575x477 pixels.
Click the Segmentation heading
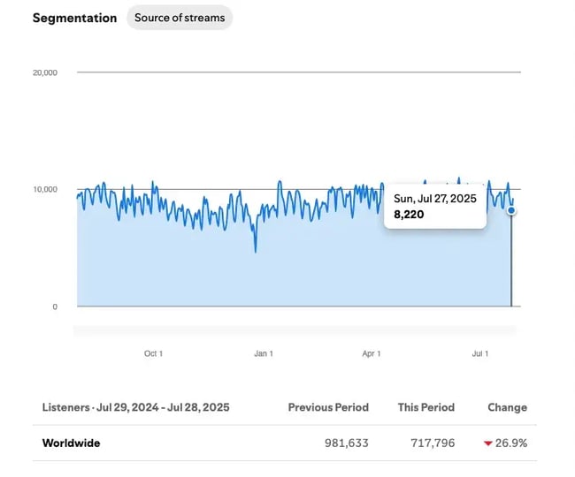74,18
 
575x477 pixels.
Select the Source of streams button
180,18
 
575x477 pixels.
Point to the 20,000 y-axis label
45,72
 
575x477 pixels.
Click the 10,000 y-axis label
45,189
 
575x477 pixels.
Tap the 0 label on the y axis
54,307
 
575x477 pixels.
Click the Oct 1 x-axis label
153,353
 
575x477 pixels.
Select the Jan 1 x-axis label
263,353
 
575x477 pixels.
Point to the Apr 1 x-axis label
372,353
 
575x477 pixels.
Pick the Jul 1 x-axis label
479,353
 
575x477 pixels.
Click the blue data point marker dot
511,210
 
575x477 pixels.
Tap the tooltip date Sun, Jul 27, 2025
435,199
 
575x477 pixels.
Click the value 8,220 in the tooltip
409,215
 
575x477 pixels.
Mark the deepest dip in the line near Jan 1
256,252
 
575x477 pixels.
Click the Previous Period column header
328,407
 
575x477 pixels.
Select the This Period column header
426,407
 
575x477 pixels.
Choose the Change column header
507,407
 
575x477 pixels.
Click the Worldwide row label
71,443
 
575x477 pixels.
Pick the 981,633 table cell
347,443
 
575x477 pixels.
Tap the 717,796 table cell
433,443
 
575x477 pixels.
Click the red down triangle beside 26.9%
487,443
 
